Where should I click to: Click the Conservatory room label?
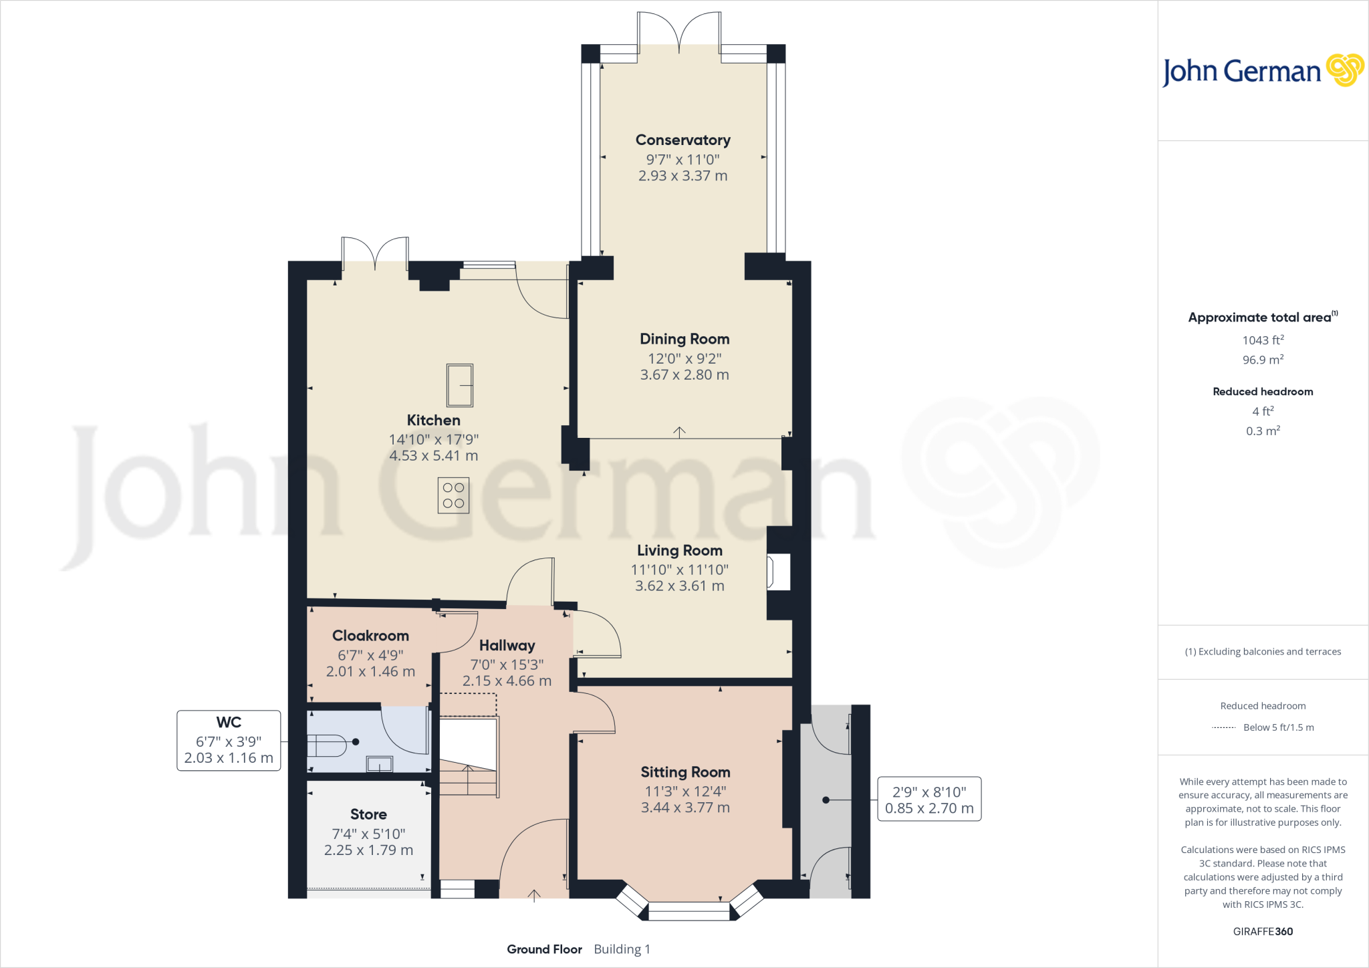pos(682,140)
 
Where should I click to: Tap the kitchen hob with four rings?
pos(453,495)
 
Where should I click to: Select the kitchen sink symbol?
pos(460,385)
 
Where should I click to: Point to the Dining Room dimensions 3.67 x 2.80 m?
pos(684,375)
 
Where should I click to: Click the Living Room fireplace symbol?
pos(779,572)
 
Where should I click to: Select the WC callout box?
pos(229,741)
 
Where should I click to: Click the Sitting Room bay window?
pos(689,909)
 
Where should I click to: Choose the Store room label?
pos(368,814)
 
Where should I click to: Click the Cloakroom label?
pos(370,636)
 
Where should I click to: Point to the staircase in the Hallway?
pos(468,769)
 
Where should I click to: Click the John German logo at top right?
pos(1263,71)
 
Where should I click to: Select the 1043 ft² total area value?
pos(1263,340)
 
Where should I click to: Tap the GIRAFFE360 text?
pos(1263,931)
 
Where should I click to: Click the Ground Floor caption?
pos(544,949)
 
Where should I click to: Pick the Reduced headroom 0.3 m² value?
pos(1263,431)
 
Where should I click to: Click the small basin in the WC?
pos(380,763)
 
